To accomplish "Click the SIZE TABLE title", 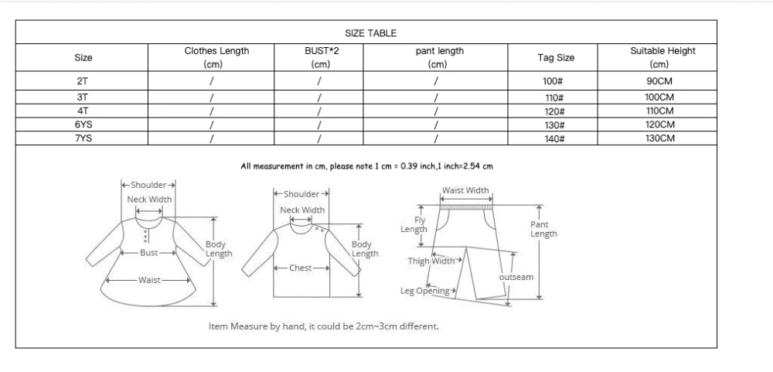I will pyautogui.click(x=370, y=33).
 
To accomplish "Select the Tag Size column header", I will pyautogui.click(x=556, y=58).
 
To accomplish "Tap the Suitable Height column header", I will pyautogui.click(x=662, y=58).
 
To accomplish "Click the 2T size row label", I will pyautogui.click(x=83, y=80).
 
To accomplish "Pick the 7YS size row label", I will pyautogui.click(x=83, y=138).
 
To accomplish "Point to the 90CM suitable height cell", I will pyautogui.click(x=659, y=80).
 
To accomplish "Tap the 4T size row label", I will pyautogui.click(x=83, y=111).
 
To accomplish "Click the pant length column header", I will pyautogui.click(x=439, y=58).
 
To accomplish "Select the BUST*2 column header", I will pyautogui.click(x=321, y=58).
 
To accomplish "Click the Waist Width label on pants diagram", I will pyautogui.click(x=465, y=191).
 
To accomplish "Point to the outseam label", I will pyautogui.click(x=516, y=277).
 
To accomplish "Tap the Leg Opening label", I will pyautogui.click(x=425, y=291).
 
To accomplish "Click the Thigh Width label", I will pyautogui.click(x=431, y=261).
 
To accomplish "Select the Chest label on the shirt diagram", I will pyautogui.click(x=300, y=268).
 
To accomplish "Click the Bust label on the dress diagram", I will pyautogui.click(x=149, y=253).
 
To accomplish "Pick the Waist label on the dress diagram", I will pyautogui.click(x=149, y=280).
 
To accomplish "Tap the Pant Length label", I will pyautogui.click(x=543, y=229).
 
